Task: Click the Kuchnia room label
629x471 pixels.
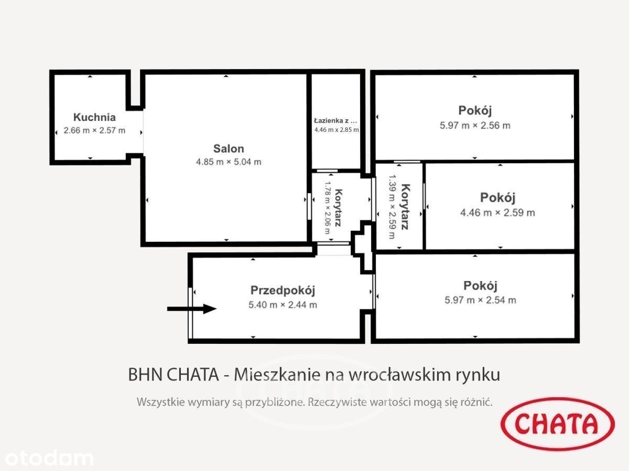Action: (94, 117)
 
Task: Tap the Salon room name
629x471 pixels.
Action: (229, 149)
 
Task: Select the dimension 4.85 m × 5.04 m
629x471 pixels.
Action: (229, 162)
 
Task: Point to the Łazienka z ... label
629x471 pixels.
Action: (335, 121)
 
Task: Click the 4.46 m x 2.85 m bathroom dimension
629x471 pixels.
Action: (337, 130)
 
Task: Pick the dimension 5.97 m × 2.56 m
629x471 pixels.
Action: (475, 126)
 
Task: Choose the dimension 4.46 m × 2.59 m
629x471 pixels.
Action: (497, 213)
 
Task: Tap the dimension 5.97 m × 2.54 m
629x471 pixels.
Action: (480, 300)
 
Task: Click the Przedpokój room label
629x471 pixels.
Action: (283, 290)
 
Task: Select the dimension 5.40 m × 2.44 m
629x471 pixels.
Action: (283, 305)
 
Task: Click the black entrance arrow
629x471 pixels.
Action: (192, 309)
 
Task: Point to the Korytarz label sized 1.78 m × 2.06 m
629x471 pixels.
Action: (339, 208)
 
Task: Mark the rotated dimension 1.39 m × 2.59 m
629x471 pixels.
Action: (392, 207)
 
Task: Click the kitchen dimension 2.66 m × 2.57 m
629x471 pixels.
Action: (94, 130)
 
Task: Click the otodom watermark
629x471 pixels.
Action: (49, 458)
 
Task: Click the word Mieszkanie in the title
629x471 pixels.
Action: (277, 375)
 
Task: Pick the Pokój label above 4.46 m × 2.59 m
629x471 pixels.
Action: (498, 198)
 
